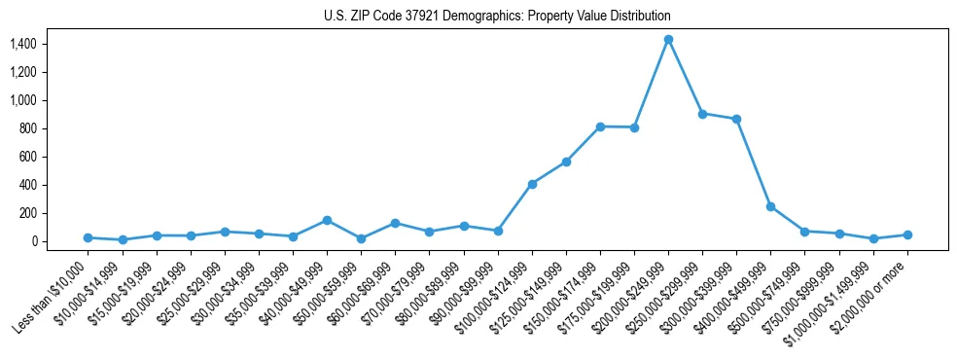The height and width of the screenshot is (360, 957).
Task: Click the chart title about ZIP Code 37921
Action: tap(497, 17)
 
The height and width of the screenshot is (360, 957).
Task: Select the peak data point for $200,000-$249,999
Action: tap(668, 40)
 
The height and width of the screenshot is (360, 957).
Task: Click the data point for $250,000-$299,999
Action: tap(702, 114)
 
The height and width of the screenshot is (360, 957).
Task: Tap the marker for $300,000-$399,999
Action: tap(736, 119)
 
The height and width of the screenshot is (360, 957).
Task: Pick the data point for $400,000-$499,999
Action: tap(770, 206)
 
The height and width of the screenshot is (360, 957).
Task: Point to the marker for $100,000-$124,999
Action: tap(532, 184)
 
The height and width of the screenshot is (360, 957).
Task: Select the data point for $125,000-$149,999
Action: tap(566, 162)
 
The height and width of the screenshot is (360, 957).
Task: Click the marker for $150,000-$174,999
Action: tap(600, 126)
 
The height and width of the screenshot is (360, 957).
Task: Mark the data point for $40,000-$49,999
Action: tap(327, 220)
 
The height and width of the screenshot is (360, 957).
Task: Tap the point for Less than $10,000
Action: tap(88, 237)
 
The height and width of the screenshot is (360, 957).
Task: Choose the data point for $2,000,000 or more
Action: tap(907, 234)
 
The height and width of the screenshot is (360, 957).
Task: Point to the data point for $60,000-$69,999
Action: tap(395, 223)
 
